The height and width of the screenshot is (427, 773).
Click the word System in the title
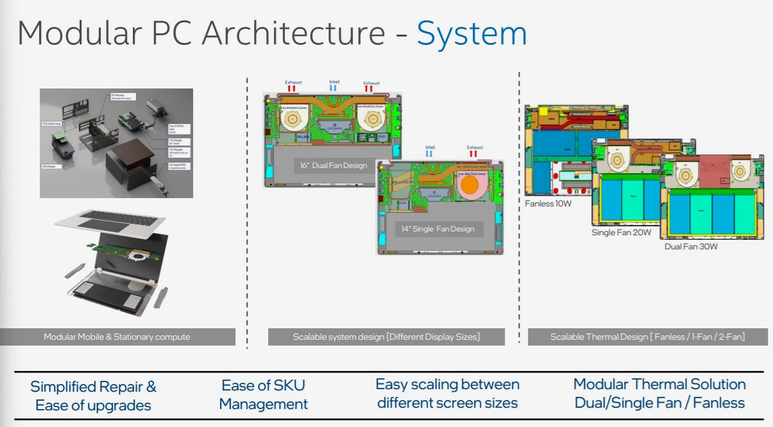[x=471, y=33]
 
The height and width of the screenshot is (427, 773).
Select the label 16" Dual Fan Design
[x=334, y=165]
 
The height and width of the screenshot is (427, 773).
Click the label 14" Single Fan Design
[x=438, y=229]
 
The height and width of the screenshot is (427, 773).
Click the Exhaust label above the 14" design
[x=475, y=147]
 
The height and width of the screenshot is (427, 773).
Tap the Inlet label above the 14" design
[x=430, y=147]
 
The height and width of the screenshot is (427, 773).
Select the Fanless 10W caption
[x=548, y=204]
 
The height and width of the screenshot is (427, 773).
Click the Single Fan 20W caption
[x=620, y=233]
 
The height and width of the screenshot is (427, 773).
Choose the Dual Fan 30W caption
[x=691, y=246]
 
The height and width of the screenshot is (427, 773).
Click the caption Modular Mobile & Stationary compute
[x=117, y=337]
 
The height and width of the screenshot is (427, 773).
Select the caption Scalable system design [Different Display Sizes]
[x=386, y=337]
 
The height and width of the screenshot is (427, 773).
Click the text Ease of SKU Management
[x=263, y=394]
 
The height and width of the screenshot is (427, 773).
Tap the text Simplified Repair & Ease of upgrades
[x=93, y=396]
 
